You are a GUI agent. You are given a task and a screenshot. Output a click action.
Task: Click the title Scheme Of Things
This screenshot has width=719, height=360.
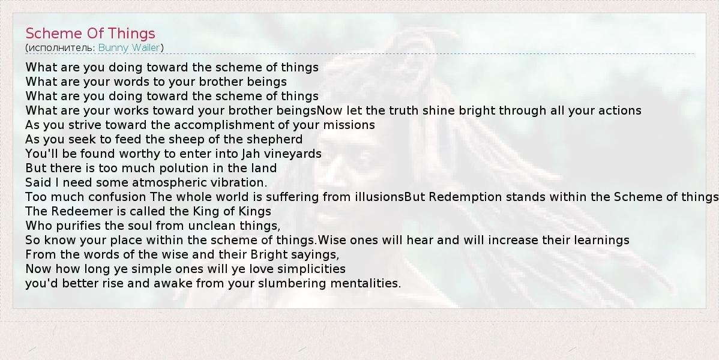91,34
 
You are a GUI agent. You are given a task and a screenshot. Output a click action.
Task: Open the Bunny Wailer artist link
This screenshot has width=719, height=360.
129,47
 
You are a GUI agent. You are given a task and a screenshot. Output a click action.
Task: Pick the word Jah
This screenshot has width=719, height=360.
250,154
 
